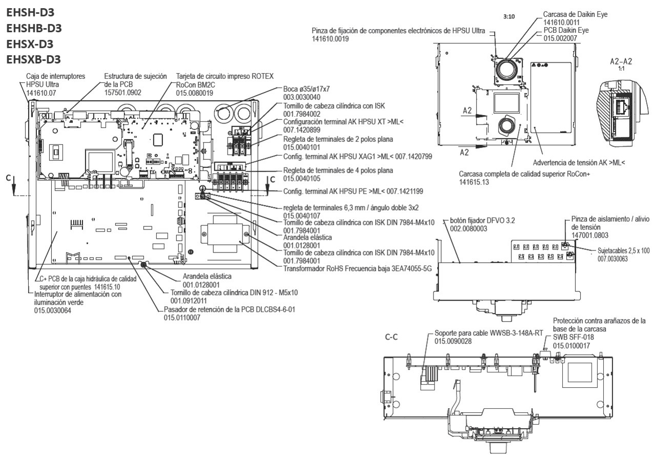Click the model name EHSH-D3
click(x=30, y=12)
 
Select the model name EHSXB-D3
click(x=33, y=59)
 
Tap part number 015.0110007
click(x=182, y=318)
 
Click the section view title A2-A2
click(x=621, y=61)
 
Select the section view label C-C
click(x=393, y=339)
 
